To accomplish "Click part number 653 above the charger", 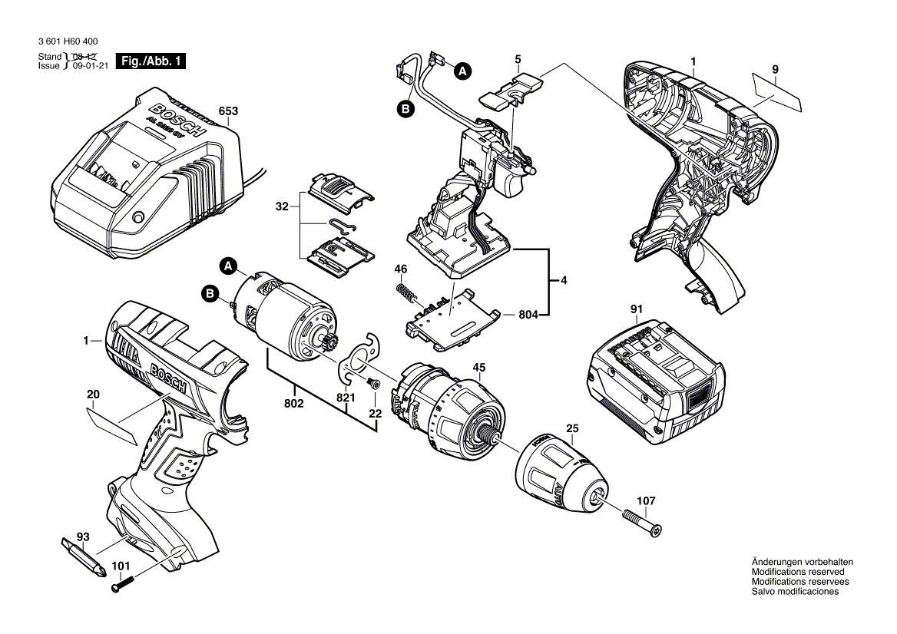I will (228, 111).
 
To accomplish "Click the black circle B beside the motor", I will (209, 292).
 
